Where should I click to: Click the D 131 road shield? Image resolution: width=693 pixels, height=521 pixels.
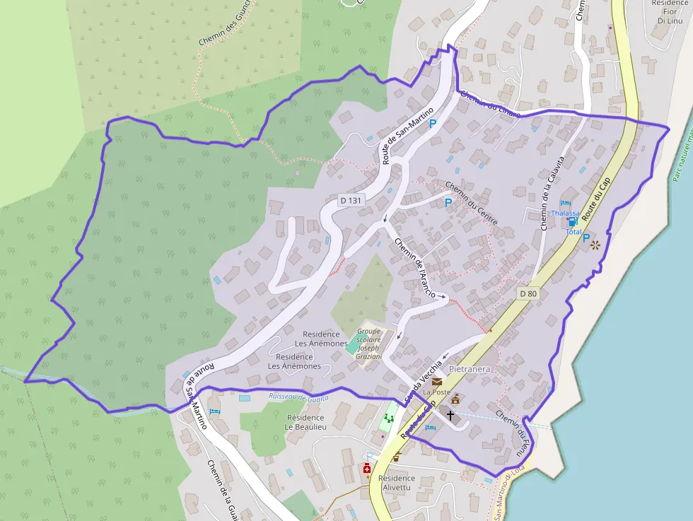tap(349, 200)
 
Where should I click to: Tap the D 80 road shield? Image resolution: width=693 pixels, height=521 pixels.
tap(528, 293)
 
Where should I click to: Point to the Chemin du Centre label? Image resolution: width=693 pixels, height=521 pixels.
tap(472, 203)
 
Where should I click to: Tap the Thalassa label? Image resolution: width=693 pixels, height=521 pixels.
tap(566, 213)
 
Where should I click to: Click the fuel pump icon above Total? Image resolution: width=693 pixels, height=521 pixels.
tap(572, 222)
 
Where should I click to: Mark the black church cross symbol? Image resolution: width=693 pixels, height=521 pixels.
tap(450, 415)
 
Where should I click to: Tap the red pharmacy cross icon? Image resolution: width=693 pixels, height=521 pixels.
tap(367, 469)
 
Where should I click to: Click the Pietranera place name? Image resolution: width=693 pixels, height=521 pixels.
tap(470, 369)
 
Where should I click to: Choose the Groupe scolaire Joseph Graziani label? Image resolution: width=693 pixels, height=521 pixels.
tap(368, 344)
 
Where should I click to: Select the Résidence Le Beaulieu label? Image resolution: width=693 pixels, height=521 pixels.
tap(305, 422)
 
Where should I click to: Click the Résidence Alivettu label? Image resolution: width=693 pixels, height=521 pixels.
tap(397, 483)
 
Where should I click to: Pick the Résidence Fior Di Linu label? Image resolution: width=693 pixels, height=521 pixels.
tap(668, 12)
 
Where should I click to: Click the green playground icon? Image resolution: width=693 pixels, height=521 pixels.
tap(388, 418)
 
